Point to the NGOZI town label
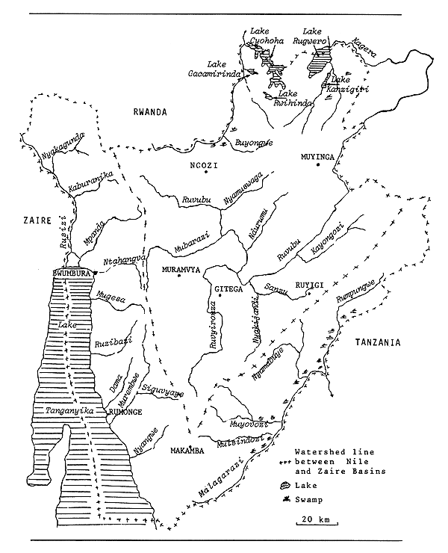202,166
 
